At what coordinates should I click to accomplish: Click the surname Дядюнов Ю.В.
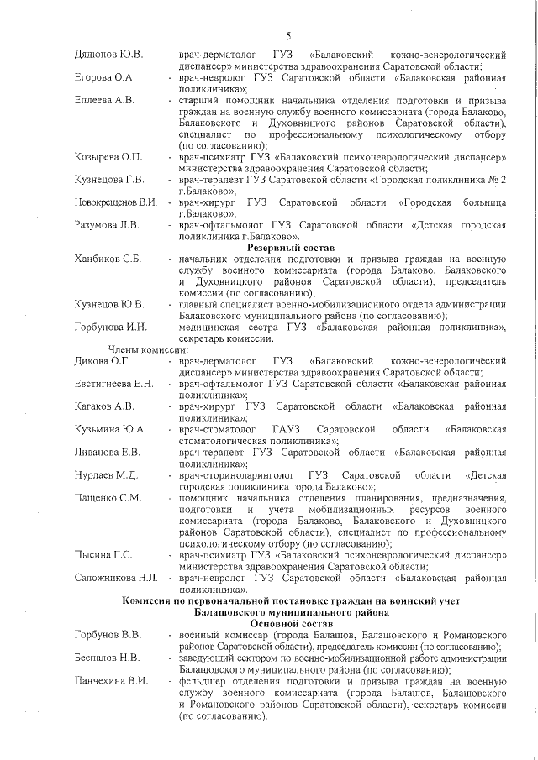click(108, 55)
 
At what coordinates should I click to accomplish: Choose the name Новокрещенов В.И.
click(116, 202)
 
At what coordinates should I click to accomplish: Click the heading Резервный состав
click(290, 248)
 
